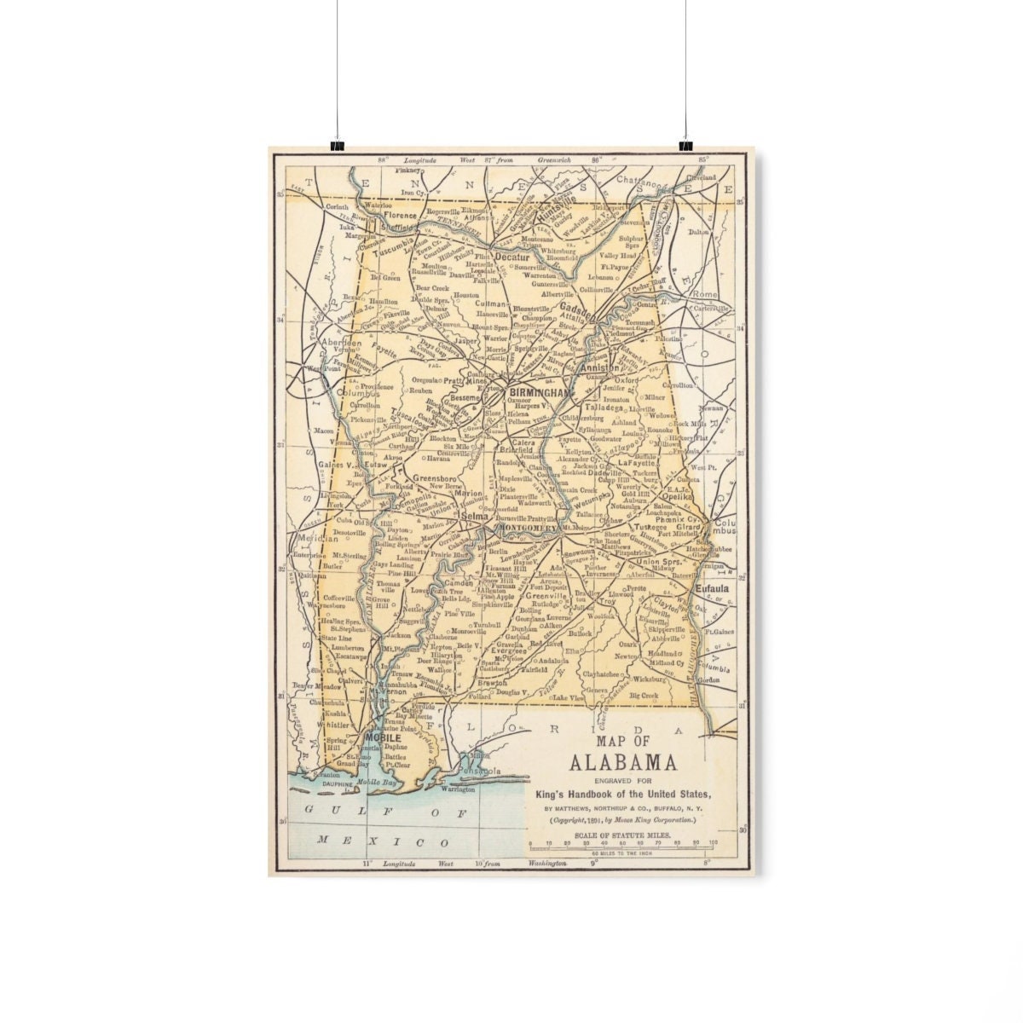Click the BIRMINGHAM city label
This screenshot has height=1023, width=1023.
(538, 392)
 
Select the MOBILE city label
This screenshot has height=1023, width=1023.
(382, 737)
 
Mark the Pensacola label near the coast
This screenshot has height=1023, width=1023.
(480, 772)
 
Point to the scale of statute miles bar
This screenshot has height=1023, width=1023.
(622, 845)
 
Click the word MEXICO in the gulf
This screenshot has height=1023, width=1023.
(384, 841)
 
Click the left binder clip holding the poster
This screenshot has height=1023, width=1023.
(337, 145)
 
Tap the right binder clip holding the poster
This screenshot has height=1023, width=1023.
(685, 145)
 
